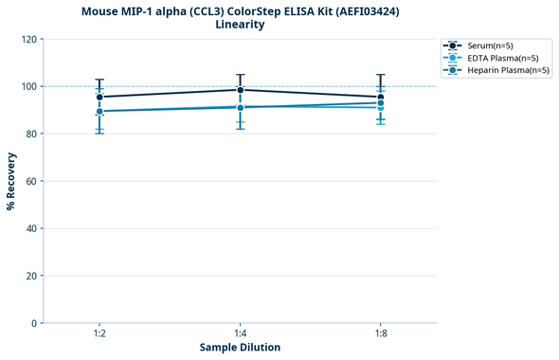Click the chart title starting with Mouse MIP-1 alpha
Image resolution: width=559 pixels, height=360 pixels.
tap(240, 10)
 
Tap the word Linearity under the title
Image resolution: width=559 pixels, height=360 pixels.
tap(240, 25)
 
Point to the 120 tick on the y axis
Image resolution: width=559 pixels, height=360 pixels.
tap(28, 39)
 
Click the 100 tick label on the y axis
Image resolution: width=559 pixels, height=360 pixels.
tap(28, 86)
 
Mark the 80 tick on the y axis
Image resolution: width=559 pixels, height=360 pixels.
tap(31, 134)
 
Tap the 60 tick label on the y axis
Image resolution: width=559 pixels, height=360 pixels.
tap(31, 181)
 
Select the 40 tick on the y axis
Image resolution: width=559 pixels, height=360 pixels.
tap(31, 228)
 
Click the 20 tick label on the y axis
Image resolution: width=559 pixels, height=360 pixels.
tap(31, 276)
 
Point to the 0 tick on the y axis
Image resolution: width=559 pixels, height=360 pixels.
tap(34, 323)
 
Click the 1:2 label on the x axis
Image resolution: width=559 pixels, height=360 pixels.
tap(99, 334)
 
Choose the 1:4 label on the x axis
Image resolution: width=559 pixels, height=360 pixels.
tap(240, 334)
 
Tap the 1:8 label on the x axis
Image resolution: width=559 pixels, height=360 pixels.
tap(380, 334)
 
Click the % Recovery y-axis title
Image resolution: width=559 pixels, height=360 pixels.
tap(11, 181)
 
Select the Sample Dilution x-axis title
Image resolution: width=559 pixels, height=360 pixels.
tap(240, 348)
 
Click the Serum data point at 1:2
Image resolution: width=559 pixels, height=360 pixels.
tap(99, 97)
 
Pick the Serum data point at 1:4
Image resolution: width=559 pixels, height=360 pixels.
tap(240, 90)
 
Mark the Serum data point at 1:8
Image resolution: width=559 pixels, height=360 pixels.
tap(380, 97)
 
